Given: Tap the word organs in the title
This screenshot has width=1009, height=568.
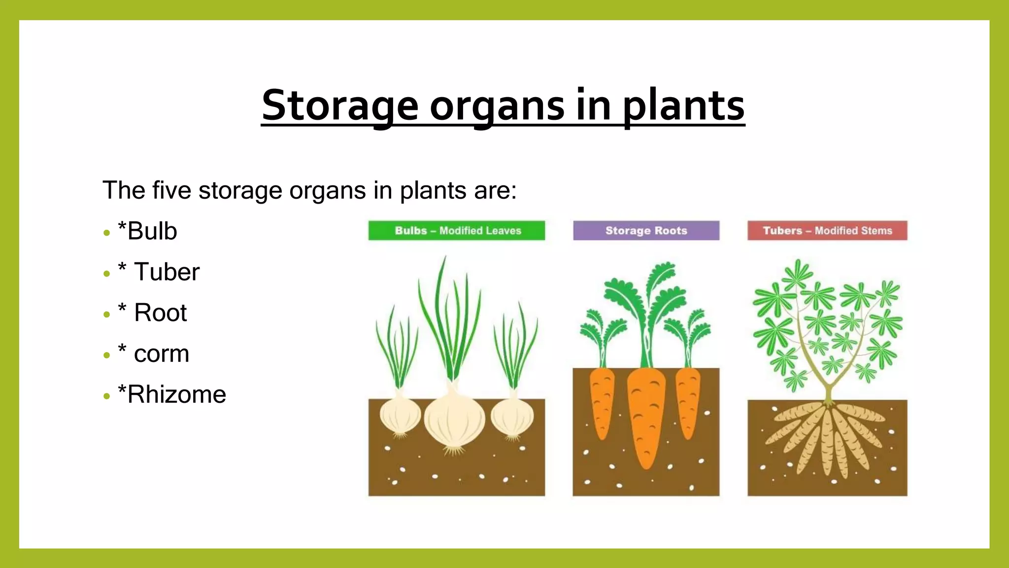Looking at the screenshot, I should coord(497,105).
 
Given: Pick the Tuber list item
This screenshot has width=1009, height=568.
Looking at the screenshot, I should coord(159,272).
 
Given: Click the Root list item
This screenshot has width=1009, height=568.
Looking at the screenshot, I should coord(152,313).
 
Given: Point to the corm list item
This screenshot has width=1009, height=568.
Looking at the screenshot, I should coord(154,354).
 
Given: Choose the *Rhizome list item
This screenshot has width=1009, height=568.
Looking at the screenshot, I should coord(171,394).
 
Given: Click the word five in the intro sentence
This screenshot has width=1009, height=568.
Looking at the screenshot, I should coord(171,190).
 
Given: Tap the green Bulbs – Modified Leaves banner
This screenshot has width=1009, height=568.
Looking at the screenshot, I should coord(457,231).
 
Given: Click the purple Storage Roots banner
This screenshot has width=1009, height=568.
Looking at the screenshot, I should coord(646,231).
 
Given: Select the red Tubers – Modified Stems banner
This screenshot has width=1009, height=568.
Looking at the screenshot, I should coord(827,231).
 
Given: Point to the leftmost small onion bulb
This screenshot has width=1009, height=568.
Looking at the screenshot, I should coord(400,416).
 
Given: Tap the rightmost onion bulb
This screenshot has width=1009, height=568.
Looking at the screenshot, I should coord(512,417).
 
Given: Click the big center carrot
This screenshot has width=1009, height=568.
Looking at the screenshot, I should coord(646,414).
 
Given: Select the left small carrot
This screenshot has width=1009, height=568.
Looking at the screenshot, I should coord(602,402).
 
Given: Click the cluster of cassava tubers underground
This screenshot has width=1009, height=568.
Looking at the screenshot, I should coord(828,439).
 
